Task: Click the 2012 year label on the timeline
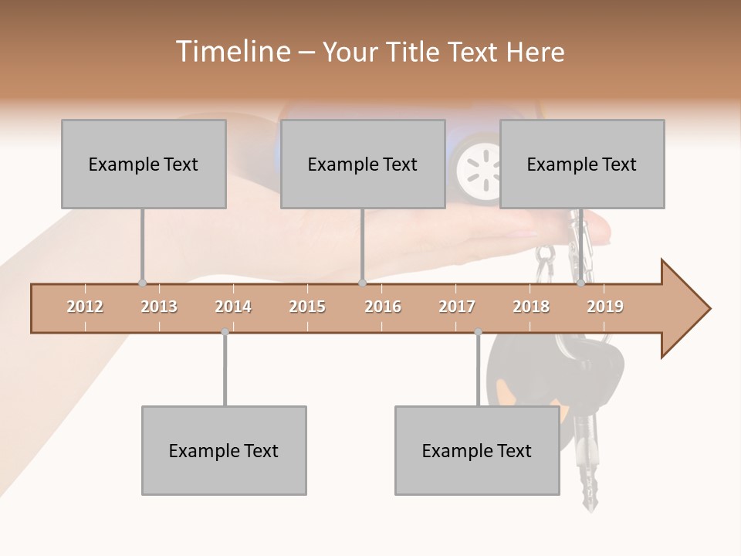tap(85, 307)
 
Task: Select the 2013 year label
tap(159, 307)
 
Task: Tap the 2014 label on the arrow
tap(233, 307)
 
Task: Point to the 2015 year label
tap(307, 307)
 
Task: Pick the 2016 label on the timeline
tap(383, 307)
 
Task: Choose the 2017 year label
tap(457, 307)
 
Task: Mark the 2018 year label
tap(531, 307)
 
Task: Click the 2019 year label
tap(605, 307)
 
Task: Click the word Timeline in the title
tap(232, 52)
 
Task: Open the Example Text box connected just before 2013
tap(144, 164)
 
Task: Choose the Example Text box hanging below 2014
tap(224, 450)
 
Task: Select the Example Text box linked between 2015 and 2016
tap(363, 164)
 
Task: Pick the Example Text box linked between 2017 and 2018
tap(477, 450)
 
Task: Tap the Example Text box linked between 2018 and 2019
tap(582, 164)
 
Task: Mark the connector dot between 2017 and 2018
tap(478, 332)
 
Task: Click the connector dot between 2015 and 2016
tap(362, 283)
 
